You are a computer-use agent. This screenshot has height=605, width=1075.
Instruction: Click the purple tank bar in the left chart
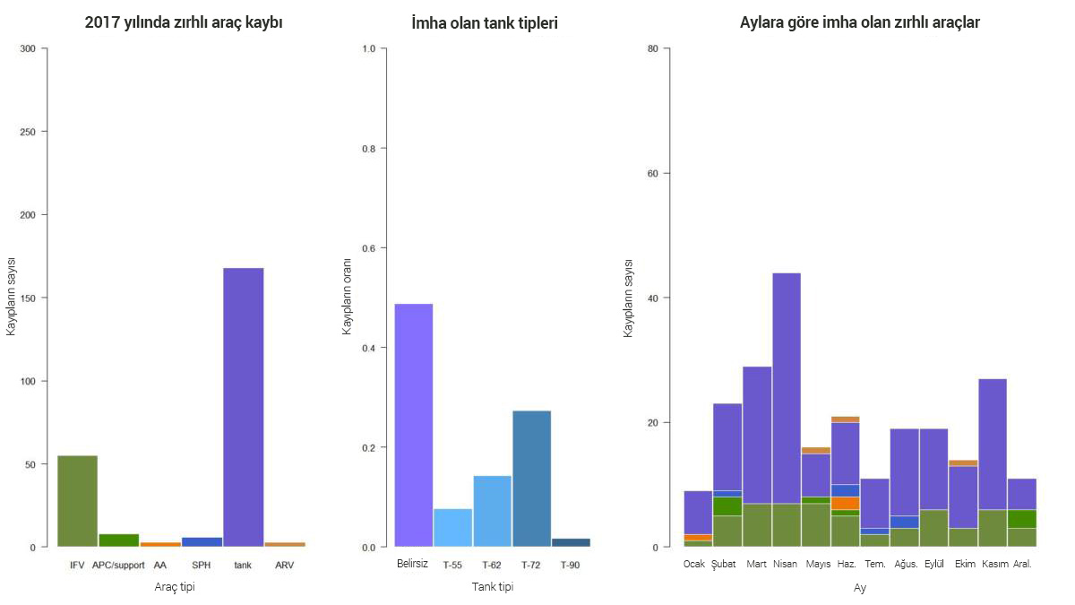[243, 407]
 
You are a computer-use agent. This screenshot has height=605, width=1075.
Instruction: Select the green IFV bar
[77, 501]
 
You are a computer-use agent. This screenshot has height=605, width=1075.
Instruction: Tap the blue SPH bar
[202, 542]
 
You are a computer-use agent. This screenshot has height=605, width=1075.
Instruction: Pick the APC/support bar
[118, 540]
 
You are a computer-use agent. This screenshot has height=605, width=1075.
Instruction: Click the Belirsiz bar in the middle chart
[413, 425]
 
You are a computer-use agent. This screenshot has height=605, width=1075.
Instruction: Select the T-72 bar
[531, 479]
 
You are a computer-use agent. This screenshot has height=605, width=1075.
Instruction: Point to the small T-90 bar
[571, 542]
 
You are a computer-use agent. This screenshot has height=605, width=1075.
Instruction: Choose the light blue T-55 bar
[452, 528]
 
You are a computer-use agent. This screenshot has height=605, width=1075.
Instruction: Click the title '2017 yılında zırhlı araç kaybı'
[184, 22]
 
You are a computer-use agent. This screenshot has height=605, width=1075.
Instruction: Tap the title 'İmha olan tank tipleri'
[485, 23]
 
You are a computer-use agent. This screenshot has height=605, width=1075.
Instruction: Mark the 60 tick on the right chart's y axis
[652, 173]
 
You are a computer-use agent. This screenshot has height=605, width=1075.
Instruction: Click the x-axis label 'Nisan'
[785, 565]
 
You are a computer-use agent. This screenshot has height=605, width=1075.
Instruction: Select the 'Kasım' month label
[995, 565]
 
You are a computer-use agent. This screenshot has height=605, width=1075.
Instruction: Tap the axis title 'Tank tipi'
[493, 587]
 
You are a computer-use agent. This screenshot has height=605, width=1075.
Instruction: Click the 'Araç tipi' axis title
[175, 587]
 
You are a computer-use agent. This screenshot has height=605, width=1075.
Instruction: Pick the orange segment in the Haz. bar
[845, 503]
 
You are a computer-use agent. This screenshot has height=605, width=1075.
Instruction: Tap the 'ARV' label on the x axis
[284, 566]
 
